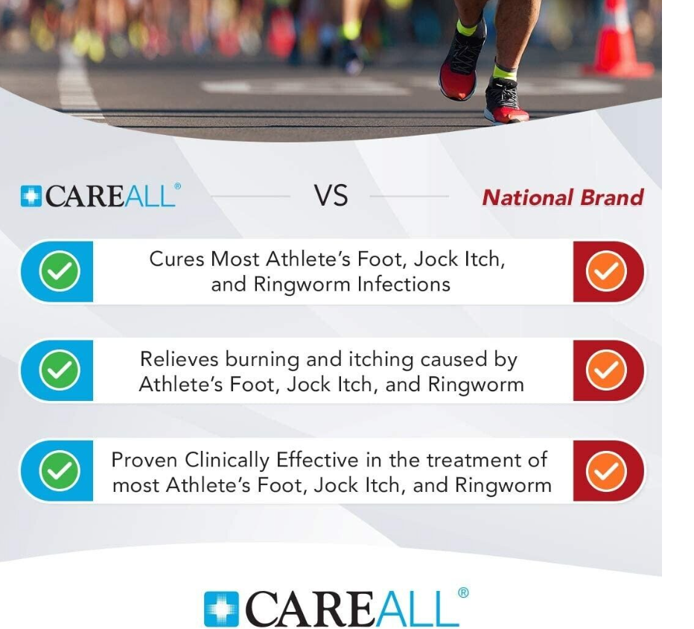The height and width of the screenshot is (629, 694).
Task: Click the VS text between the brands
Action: coord(331,195)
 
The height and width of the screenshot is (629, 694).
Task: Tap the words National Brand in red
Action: coord(562,197)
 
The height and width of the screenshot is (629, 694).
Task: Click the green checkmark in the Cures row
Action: coord(60,271)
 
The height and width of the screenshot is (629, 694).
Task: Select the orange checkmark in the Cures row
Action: coord(606,271)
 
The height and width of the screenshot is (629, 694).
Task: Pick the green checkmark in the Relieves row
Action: coord(60,370)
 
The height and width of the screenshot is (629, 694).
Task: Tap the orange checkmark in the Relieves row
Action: coord(606,370)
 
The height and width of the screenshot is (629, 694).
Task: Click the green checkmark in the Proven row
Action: coord(60,470)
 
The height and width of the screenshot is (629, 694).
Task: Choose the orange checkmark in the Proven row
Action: coord(606,470)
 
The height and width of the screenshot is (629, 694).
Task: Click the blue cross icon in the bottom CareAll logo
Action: coord(221,609)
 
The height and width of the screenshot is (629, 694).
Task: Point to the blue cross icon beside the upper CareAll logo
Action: coord(31,196)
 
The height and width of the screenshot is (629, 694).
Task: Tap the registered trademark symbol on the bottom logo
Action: coord(463,592)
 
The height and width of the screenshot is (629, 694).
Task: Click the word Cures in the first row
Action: coord(176,259)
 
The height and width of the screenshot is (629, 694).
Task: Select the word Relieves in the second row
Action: coord(179,358)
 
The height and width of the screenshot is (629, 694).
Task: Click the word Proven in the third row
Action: coord(144,460)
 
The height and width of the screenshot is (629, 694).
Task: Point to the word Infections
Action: coord(404,285)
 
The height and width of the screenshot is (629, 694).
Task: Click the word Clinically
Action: coord(227,461)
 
